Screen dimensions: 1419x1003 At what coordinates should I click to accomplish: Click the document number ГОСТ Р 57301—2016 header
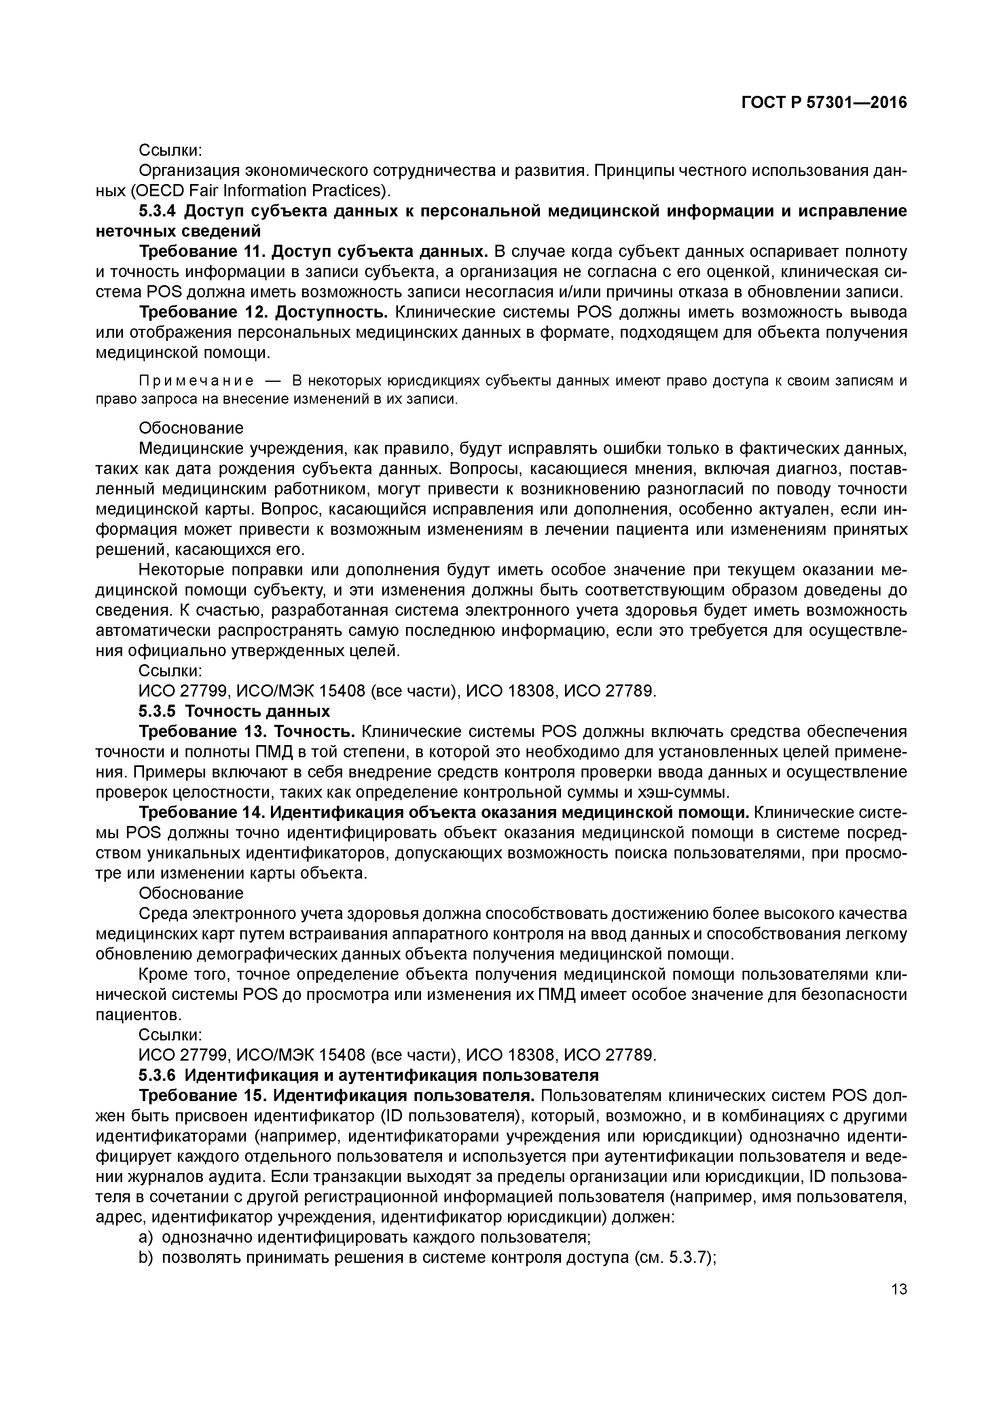tap(823, 103)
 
